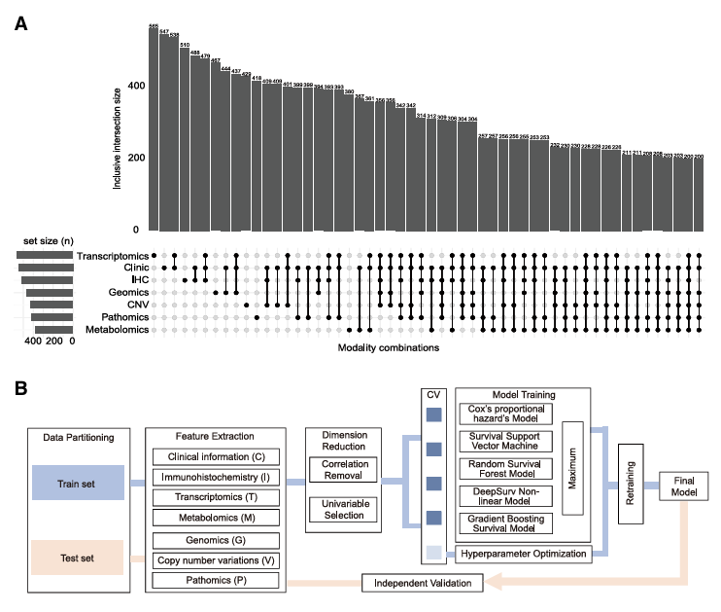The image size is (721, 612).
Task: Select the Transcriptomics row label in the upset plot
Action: tap(115, 256)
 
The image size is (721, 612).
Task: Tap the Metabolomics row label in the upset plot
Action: tap(117, 330)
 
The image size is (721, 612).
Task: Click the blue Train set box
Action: tap(78, 482)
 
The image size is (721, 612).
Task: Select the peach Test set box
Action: tap(78, 558)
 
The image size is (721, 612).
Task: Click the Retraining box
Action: tap(631, 480)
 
